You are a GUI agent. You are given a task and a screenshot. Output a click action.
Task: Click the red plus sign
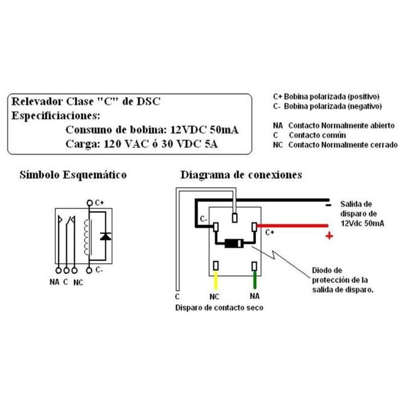330,235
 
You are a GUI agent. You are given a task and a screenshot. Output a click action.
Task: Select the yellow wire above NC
216,280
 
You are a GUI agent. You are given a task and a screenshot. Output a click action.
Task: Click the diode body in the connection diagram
234,244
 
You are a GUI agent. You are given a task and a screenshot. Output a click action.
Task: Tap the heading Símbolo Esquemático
72,175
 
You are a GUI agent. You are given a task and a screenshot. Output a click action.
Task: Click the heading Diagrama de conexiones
241,175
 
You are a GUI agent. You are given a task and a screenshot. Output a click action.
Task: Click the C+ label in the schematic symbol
99,202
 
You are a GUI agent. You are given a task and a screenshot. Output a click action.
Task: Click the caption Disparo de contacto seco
219,307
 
